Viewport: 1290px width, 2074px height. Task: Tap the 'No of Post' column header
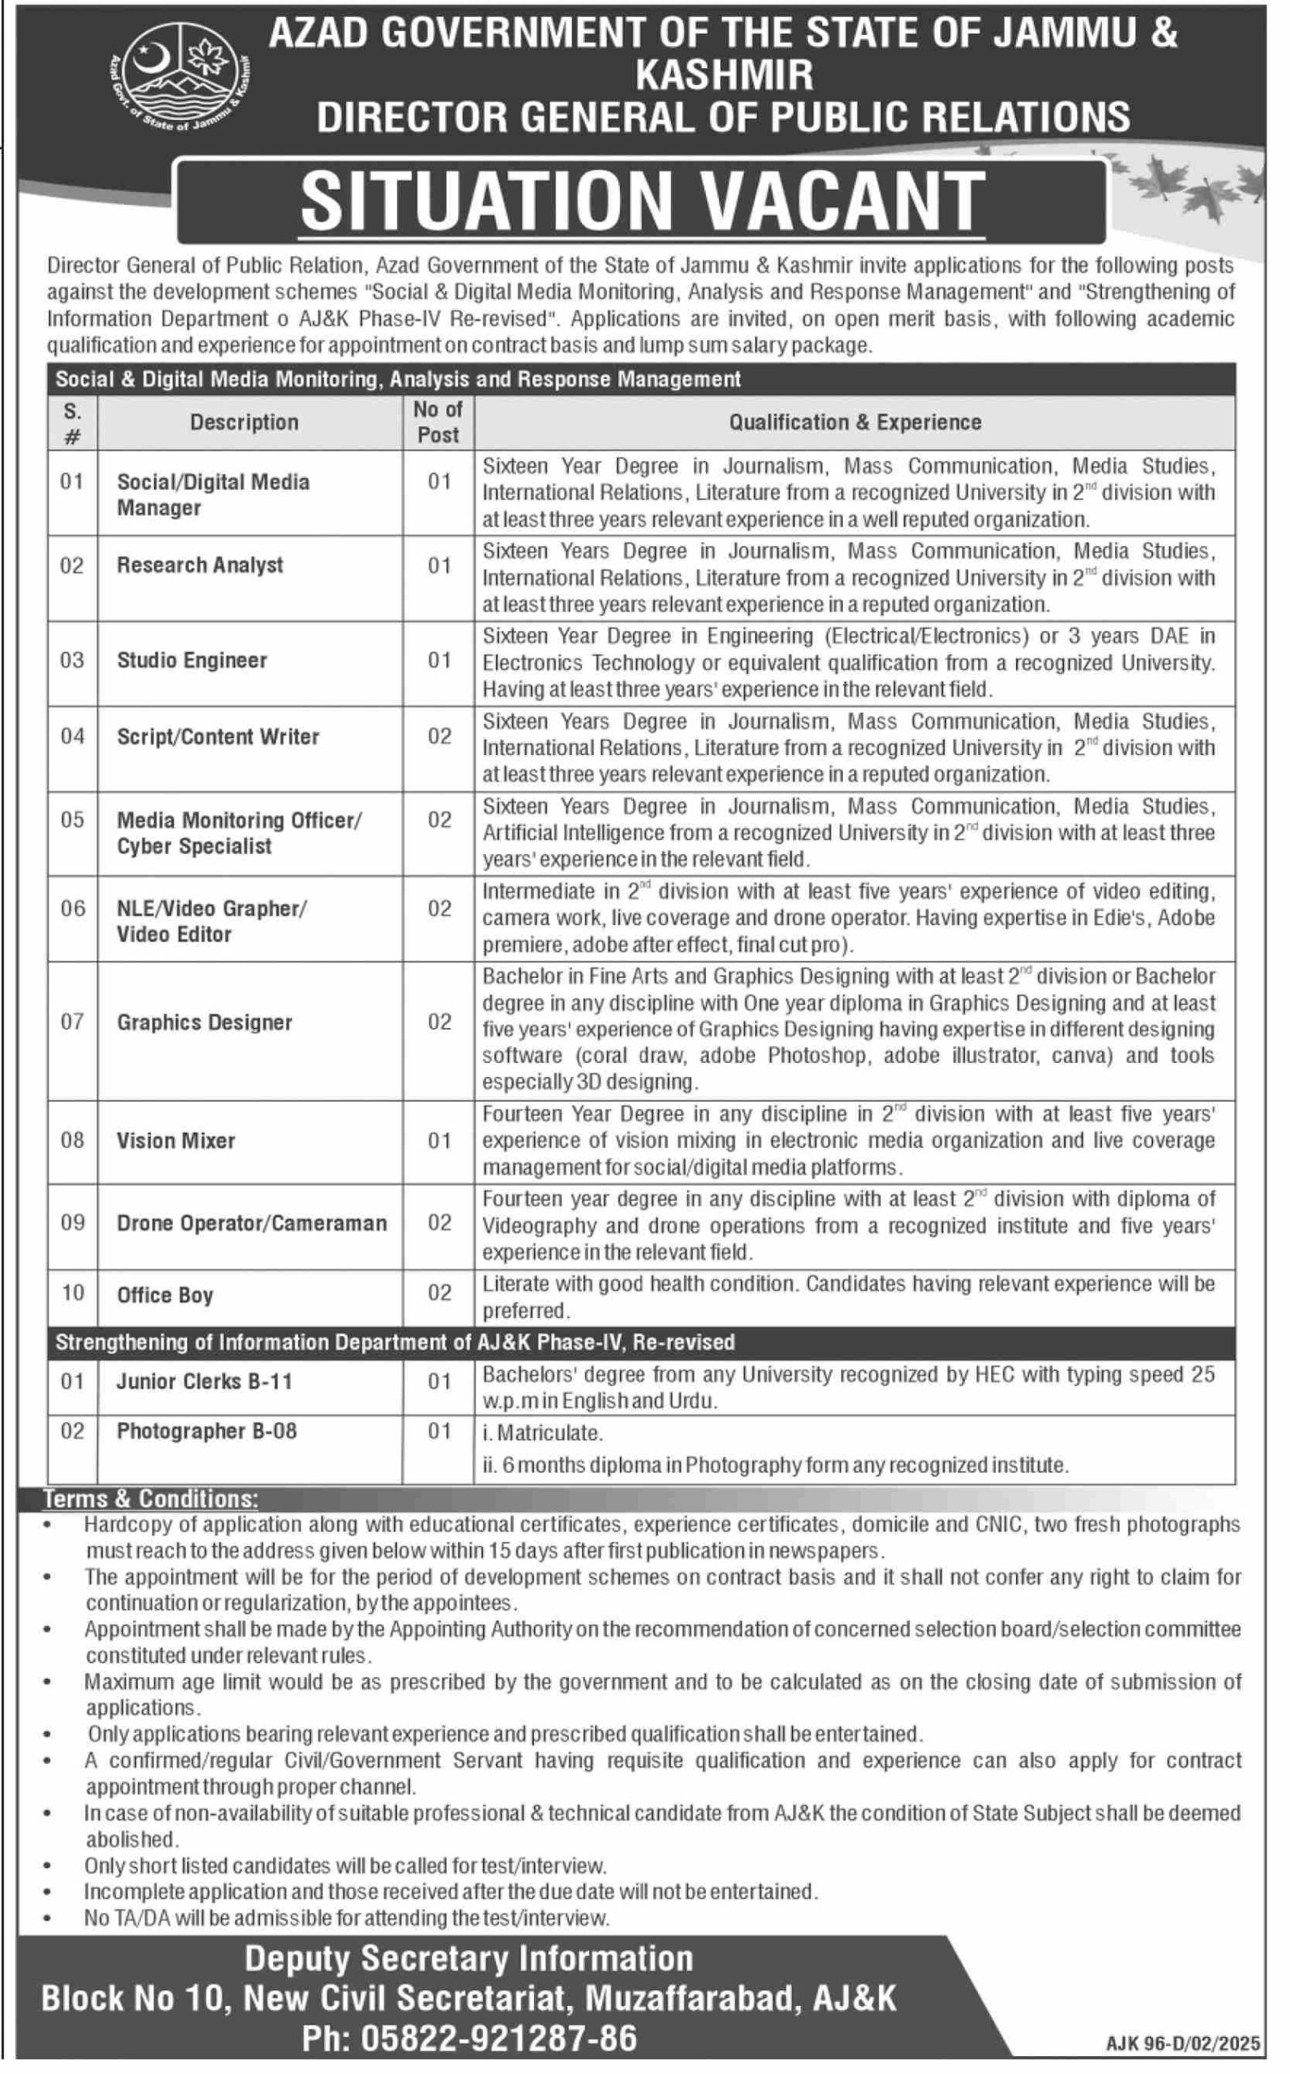[438, 422]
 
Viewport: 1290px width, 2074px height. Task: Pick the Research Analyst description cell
[199, 565]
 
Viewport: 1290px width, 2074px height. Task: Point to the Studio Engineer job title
[192, 660]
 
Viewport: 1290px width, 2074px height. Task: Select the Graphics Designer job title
[204, 1022]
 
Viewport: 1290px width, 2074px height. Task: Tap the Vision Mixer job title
[176, 1140]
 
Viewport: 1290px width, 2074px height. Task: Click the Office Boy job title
[164, 1295]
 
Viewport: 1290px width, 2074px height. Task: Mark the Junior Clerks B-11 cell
[205, 1381]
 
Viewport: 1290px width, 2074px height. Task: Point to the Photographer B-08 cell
[207, 1431]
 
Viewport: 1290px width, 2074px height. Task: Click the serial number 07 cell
[72, 1022]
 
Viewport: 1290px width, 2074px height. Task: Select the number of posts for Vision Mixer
[438, 1140]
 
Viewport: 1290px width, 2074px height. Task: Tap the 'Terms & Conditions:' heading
[150, 1498]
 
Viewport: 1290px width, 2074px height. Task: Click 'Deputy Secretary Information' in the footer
[468, 1958]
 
